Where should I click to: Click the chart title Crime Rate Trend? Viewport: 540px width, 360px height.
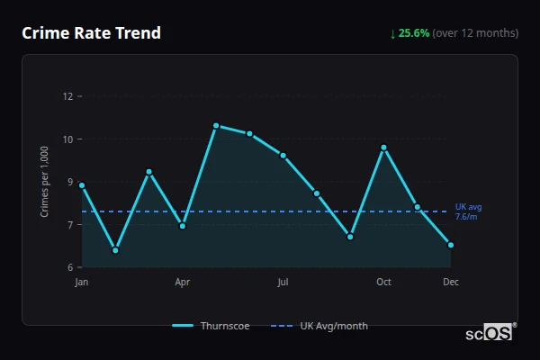[x=91, y=33]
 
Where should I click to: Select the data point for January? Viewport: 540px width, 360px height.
[x=82, y=185]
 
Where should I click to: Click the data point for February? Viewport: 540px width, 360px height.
[x=115, y=250]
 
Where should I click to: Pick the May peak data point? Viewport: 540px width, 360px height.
[x=216, y=125]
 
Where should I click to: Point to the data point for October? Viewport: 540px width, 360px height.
[x=383, y=148]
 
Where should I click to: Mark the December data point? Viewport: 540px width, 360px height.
[x=451, y=245]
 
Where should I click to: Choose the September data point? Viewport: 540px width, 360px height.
[x=350, y=237]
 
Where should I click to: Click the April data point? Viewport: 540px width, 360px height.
[x=183, y=226]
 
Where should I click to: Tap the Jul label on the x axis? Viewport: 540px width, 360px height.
[x=283, y=283]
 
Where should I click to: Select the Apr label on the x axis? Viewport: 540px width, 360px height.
[x=183, y=283]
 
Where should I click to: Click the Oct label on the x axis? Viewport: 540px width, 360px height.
[x=383, y=283]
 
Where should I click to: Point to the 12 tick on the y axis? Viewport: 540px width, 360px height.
[x=67, y=96]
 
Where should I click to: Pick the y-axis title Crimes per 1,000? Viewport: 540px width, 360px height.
[x=45, y=182]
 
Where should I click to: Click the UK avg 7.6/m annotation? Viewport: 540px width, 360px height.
[x=468, y=211]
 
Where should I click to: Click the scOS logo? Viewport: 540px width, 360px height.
[x=490, y=333]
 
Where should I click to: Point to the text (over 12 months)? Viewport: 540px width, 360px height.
[x=475, y=33]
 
